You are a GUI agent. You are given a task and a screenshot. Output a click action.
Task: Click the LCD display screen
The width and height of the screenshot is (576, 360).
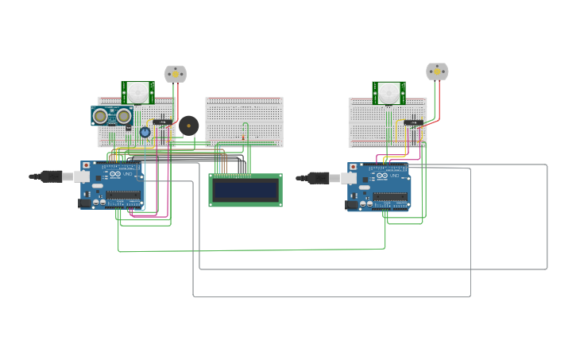coord(245,189)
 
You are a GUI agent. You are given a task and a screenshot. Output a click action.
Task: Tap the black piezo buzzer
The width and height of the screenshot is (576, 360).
coord(189,126)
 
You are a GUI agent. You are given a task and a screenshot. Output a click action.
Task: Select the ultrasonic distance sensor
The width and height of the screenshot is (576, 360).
coord(112,116)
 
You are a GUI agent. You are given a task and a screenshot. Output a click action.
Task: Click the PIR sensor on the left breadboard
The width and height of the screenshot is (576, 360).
coord(138,92)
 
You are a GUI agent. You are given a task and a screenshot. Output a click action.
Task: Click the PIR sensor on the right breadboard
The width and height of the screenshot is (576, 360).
coord(389,93)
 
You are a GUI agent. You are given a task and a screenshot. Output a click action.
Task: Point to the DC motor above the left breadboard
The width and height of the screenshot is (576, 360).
coord(175,73)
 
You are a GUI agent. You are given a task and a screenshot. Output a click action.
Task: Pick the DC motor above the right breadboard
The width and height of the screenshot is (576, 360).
coord(436,72)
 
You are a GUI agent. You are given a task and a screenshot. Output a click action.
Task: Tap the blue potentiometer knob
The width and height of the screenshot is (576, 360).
coord(145,133)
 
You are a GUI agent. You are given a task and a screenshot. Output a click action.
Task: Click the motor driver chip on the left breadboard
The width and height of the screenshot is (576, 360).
coord(163,122)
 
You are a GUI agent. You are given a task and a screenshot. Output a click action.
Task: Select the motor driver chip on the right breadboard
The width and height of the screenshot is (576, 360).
coord(412,122)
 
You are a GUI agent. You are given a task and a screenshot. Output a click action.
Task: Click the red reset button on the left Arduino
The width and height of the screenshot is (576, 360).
coord(86,165)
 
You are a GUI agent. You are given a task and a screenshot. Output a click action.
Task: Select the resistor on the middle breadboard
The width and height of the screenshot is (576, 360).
coord(243,137)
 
